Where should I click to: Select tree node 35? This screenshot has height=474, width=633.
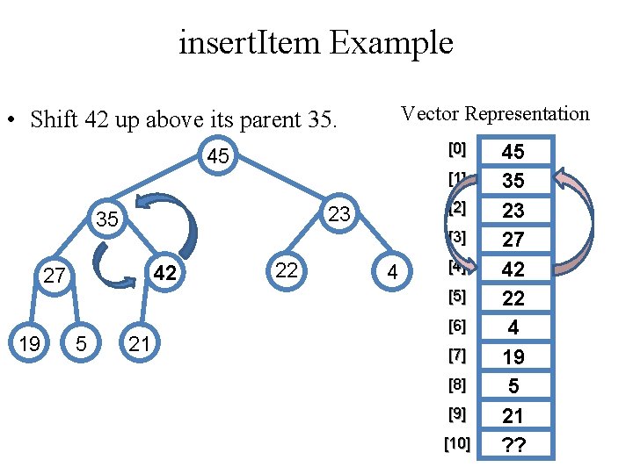coord(107,219)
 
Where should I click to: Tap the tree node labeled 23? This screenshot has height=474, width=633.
coord(339,213)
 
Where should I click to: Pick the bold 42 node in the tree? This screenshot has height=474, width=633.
coord(165,275)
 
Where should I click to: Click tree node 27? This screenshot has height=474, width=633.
coord(55,276)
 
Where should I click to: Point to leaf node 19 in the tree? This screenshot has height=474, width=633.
coord(29,343)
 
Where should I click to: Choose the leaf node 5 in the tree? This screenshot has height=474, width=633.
coord(81,343)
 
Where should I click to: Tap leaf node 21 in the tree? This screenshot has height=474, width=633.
coord(138,343)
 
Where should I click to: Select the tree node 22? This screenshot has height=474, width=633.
coord(287,270)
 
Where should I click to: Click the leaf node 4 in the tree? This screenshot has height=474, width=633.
coord(393,274)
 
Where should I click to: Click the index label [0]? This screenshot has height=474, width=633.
coord(456,149)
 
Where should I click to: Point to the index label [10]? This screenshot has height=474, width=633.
coord(456,444)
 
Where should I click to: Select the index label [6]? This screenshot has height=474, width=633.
coord(456,327)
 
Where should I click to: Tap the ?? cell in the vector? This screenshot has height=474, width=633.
coord(513,444)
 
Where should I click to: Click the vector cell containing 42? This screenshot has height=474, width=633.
coord(513,269)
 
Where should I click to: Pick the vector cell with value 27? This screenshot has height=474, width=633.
coord(513,240)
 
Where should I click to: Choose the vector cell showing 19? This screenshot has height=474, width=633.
coord(513,356)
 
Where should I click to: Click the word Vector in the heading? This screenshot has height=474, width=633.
coord(430,114)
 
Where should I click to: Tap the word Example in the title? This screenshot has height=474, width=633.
coord(392,42)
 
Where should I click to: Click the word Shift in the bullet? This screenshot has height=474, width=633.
coord(55,119)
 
